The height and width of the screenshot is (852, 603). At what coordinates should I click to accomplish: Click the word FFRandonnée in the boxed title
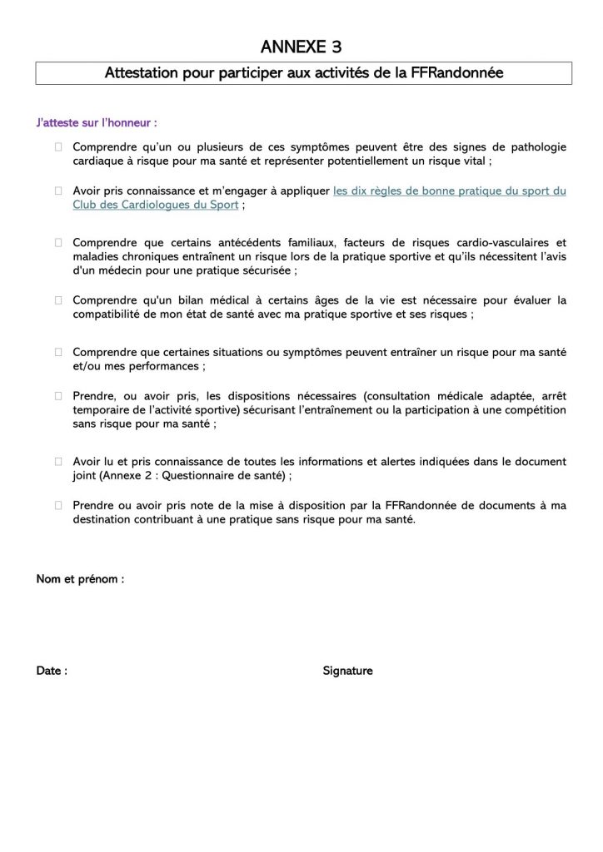coord(456,73)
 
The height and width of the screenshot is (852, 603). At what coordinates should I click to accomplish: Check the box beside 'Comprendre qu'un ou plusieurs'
coord(59,147)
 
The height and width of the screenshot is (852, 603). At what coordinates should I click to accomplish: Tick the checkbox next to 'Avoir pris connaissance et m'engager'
coord(59,191)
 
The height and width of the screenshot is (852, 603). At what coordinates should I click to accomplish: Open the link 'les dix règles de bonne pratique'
coord(449,191)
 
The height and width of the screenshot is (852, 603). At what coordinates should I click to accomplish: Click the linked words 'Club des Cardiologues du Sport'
coord(156,204)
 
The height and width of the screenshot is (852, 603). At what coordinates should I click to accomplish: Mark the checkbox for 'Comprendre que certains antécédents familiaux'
coord(59,243)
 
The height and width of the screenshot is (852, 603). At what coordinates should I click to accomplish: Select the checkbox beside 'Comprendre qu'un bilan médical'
coord(59,300)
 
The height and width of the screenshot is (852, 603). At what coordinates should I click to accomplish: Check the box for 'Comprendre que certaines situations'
coord(59,353)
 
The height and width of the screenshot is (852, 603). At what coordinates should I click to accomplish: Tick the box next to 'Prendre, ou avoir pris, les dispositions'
coord(59,396)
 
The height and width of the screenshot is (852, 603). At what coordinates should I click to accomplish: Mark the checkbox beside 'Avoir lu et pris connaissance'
coord(59,461)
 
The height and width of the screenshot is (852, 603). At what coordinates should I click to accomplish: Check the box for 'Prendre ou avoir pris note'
coord(59,504)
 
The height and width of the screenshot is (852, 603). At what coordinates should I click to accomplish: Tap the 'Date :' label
coord(52,671)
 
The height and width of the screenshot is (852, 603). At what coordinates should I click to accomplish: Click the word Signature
coord(347,671)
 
